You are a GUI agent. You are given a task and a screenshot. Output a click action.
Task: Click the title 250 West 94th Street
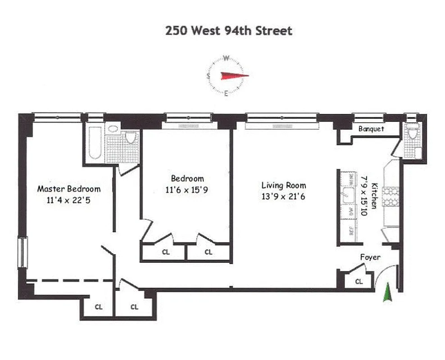pyautogui.click(x=229, y=31)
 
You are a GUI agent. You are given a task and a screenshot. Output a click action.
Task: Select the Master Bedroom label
pyautogui.click(x=68, y=189)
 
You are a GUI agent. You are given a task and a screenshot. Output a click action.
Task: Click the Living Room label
pyautogui.click(x=284, y=185)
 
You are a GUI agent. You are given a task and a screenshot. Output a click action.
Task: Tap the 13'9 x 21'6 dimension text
pyautogui.click(x=284, y=196)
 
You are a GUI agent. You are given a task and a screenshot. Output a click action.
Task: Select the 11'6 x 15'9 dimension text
pyautogui.click(x=187, y=190)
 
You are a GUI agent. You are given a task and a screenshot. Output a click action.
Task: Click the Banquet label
pyautogui.click(x=371, y=129)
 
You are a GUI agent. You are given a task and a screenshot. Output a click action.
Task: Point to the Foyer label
pyautogui.click(x=370, y=257)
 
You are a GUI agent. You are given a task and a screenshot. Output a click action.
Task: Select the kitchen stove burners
pyautogui.click(x=391, y=196)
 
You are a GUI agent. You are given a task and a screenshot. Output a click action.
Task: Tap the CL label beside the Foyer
pyautogui.click(x=359, y=282)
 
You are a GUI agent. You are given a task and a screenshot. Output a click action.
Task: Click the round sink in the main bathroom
pyautogui.click(x=113, y=129)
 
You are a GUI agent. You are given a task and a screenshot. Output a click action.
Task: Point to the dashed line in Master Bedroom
pyautogui.click(x=70, y=280)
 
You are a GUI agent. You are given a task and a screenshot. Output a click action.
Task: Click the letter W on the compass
pyautogui.click(x=227, y=58)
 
